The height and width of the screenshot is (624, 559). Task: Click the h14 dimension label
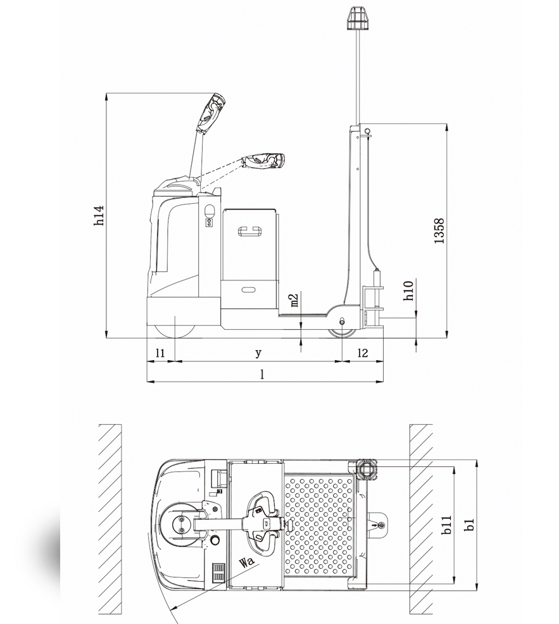(99, 215)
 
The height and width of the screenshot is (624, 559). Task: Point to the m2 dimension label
(294, 301)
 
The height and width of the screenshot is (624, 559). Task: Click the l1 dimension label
(160, 353)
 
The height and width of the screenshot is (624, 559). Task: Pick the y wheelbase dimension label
(258, 353)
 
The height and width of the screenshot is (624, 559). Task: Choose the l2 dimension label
(363, 353)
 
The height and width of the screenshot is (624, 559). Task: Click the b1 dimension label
(470, 525)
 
